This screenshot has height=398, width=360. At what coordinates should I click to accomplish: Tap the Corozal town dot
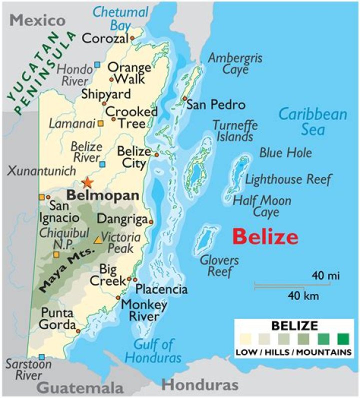tap(132, 38)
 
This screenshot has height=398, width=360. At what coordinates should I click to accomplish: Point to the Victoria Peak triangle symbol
tap(98, 239)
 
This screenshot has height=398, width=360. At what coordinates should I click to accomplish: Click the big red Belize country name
tap(265, 236)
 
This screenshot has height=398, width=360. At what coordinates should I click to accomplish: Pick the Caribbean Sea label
tap(312, 122)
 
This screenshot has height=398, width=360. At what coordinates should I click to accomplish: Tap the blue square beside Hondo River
tap(97, 64)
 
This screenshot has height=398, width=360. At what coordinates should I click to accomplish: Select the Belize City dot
tap(156, 155)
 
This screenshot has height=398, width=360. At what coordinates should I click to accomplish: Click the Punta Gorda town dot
tap(78, 330)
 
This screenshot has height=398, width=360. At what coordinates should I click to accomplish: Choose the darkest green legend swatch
tap(342, 340)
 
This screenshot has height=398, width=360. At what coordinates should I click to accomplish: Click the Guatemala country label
tap(80, 388)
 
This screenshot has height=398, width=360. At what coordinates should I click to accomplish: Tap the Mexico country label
tap(38, 20)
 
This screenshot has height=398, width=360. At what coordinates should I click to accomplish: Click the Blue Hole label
tap(285, 153)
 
